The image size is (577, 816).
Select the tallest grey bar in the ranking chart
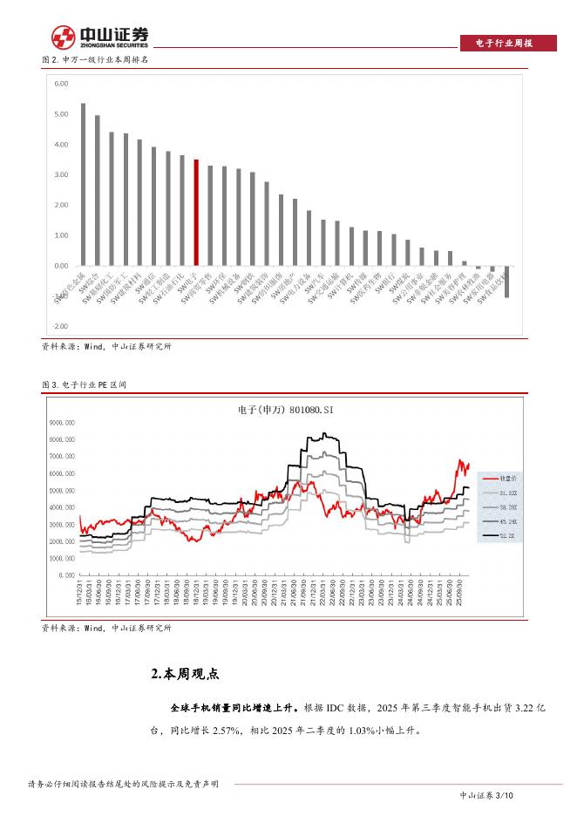(83, 184)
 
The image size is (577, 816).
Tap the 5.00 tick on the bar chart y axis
(61, 114)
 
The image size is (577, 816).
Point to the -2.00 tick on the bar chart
(60, 326)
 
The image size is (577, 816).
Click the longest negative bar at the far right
(506, 282)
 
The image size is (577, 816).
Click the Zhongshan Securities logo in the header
(99, 37)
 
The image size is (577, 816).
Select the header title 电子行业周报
(506, 43)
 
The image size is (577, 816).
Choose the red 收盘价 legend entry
(497, 478)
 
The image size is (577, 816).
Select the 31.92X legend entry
(497, 493)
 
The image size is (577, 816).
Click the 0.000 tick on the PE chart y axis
(69, 575)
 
